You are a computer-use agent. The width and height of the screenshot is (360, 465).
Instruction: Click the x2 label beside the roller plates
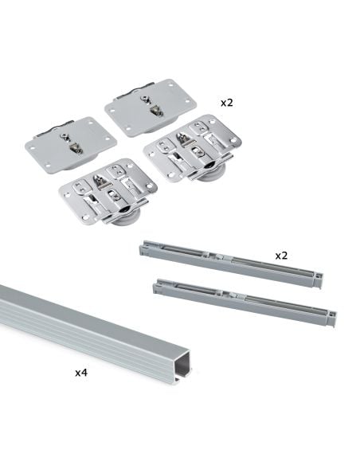[x=228, y=104]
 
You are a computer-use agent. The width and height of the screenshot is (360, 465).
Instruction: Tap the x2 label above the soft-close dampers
[x=281, y=256]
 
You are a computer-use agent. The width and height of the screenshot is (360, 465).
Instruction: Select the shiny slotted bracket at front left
[x=107, y=190]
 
